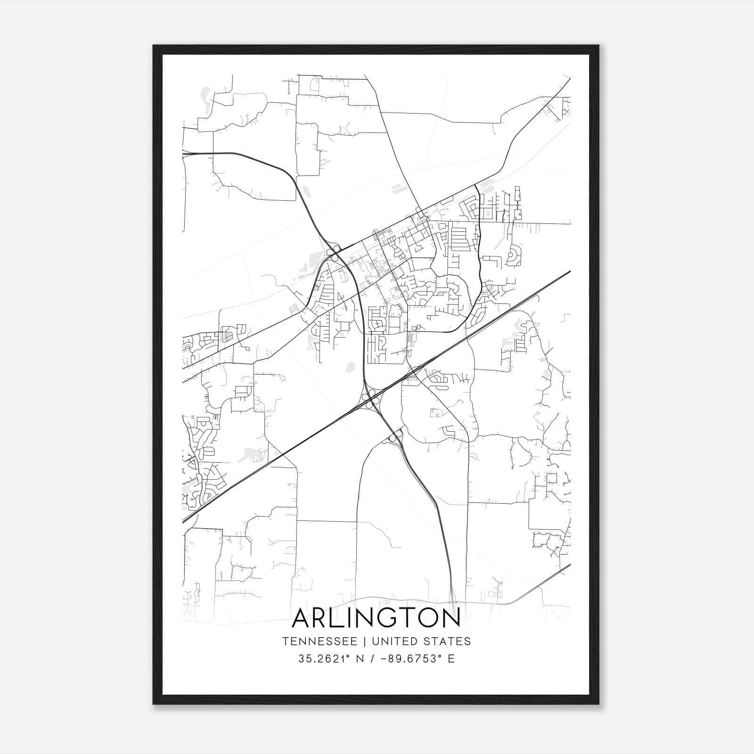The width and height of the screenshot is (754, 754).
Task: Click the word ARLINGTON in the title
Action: [376, 618]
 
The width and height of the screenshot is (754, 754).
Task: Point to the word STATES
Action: [449, 641]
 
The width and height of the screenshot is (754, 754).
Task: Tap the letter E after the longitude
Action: [451, 659]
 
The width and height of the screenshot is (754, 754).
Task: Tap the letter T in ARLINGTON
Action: [403, 618]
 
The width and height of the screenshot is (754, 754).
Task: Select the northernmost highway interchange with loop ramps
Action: [334, 253]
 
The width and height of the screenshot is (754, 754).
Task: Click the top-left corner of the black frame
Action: [154, 46]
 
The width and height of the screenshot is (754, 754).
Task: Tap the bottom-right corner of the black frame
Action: [598, 704]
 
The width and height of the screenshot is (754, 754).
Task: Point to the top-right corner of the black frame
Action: [598, 46]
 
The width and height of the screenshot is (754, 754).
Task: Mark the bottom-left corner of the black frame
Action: [154, 704]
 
